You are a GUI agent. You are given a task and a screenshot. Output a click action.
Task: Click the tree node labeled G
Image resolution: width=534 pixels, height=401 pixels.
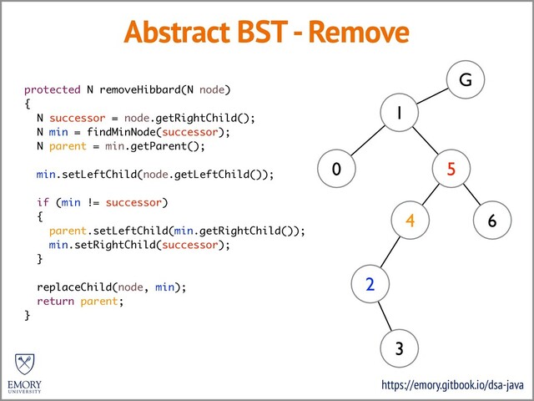[x=465, y=81]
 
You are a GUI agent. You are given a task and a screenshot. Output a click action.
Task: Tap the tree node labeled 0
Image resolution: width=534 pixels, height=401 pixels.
[x=335, y=169]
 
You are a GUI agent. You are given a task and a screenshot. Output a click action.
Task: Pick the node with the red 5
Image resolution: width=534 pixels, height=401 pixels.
[x=451, y=169]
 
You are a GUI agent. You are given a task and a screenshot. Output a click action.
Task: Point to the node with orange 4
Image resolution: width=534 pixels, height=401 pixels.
[x=411, y=221]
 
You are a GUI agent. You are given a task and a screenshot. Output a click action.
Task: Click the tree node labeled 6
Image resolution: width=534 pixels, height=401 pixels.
[x=492, y=221]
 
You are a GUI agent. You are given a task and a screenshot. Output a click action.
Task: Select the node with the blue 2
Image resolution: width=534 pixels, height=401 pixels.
[x=369, y=284]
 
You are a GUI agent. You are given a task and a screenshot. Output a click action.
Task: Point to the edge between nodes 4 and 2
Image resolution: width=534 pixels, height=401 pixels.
[x=390, y=252]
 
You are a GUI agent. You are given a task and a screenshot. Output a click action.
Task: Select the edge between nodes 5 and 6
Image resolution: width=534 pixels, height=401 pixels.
[x=471, y=195]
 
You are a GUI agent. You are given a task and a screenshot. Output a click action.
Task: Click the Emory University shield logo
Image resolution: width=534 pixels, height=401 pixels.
[x=25, y=364]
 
